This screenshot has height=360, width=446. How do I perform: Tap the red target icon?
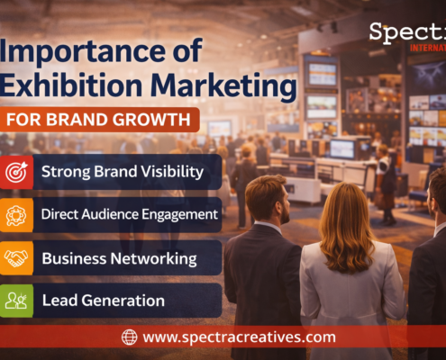click(x=17, y=171)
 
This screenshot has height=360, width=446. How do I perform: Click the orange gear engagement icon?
click(x=17, y=214)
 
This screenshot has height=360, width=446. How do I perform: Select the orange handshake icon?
click(x=17, y=257)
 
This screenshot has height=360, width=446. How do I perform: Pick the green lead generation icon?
click(x=17, y=301)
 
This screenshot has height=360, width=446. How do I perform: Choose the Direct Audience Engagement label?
click(x=129, y=214)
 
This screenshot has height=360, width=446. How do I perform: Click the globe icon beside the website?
click(x=130, y=337)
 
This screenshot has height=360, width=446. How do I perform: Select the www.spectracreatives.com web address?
click(x=239, y=337)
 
